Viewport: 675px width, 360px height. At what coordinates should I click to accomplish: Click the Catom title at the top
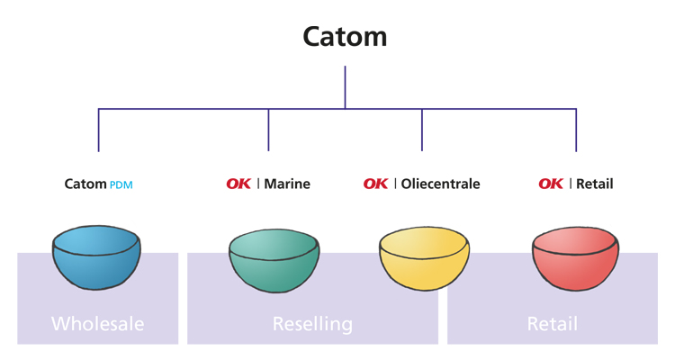click(x=345, y=37)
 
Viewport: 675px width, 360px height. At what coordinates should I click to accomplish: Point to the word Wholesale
click(x=97, y=323)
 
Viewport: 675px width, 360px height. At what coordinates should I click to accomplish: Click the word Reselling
click(x=312, y=323)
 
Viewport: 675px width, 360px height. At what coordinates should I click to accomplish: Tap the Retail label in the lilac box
click(x=552, y=323)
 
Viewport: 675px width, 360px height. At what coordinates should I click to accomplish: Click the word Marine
click(x=287, y=184)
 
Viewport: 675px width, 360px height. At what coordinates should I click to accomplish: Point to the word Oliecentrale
click(x=440, y=184)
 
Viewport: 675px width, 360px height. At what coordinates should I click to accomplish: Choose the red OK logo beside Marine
click(x=238, y=184)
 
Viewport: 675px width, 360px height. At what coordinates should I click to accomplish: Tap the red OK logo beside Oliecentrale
click(x=376, y=184)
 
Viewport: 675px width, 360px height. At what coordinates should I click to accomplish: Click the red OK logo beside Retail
click(x=552, y=184)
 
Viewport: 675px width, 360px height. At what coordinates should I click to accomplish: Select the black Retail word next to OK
click(x=595, y=184)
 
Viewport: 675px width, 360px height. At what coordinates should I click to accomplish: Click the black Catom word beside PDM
click(x=85, y=184)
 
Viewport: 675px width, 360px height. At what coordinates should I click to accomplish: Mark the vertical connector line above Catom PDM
click(x=98, y=130)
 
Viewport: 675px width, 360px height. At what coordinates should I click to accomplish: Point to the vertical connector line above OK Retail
click(x=576, y=130)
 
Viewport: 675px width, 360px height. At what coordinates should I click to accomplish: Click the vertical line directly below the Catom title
click(x=346, y=87)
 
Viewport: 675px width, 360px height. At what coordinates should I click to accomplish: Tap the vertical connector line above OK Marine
click(x=268, y=130)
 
